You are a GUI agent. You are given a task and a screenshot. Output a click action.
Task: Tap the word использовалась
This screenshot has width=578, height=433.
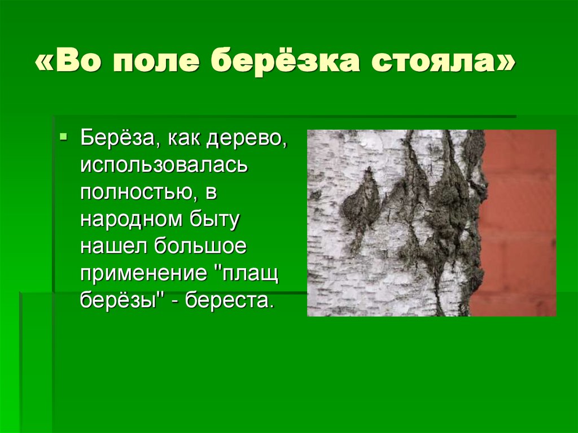(164, 166)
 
